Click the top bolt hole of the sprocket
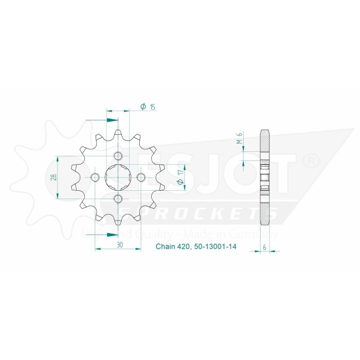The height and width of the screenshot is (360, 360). [x=118, y=156]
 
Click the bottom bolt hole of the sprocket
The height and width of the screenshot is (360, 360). [x=118, y=199]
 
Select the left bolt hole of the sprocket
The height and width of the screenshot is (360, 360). [x=95, y=177]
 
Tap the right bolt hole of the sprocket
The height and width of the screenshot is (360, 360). [x=140, y=177]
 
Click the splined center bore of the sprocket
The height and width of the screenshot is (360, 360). [x=118, y=177]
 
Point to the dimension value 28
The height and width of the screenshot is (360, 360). [x=53, y=177]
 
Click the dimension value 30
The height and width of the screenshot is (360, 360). [x=119, y=245]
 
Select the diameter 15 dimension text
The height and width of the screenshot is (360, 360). [x=148, y=107]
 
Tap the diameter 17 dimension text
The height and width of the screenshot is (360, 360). [x=180, y=177]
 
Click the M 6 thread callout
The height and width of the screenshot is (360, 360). [x=239, y=138]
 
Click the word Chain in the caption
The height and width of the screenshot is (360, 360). [x=165, y=247]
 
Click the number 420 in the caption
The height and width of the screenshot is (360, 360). [x=184, y=247]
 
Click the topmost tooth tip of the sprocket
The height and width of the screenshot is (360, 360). [x=118, y=131]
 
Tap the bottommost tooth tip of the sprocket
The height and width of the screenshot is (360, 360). [x=118, y=224]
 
